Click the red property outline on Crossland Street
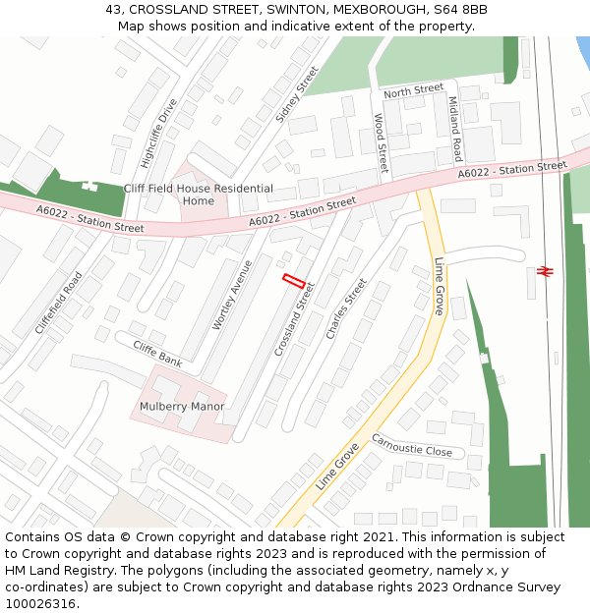(x=293, y=281)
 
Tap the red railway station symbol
(x=545, y=270)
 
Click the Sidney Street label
(x=297, y=93)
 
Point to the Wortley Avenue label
(x=232, y=294)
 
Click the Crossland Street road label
(x=294, y=318)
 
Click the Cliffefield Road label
(x=59, y=302)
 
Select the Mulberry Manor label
(x=182, y=406)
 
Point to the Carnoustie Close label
(x=411, y=444)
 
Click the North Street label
(x=414, y=90)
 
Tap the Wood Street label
(x=381, y=142)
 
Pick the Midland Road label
(x=454, y=129)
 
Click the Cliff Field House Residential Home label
(x=198, y=195)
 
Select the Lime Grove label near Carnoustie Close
(x=337, y=468)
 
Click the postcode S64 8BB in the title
(x=458, y=9)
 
